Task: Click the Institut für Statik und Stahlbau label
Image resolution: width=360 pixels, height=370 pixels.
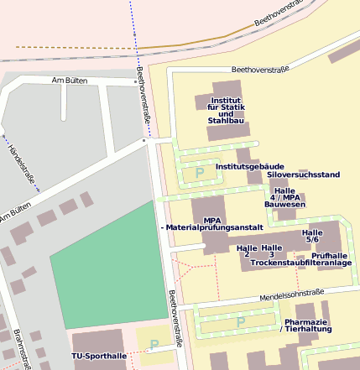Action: coord(226,110)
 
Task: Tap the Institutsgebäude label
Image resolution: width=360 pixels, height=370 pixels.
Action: coord(250,167)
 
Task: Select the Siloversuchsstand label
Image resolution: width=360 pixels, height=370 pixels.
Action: coord(303,175)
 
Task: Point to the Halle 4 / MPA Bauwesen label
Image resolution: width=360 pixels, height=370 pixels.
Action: coord(284,197)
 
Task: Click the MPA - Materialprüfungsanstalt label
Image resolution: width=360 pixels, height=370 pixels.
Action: coord(211,224)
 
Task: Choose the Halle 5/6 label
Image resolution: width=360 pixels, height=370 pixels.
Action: coord(312,236)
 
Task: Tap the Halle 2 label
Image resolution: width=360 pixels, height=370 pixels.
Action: coord(247,251)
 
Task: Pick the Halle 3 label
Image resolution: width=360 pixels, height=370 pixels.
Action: coord(271,251)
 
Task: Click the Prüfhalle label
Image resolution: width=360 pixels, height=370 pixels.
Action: coord(329,255)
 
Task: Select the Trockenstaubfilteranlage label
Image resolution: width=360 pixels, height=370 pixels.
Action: coord(300,263)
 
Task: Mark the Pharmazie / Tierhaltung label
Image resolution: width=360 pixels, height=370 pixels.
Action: coord(305,326)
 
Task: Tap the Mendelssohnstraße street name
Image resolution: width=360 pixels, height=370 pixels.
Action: coord(291,294)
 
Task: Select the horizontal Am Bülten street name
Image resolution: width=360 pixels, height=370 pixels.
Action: coord(70,81)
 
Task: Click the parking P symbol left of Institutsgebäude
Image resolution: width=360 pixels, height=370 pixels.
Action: coord(200,173)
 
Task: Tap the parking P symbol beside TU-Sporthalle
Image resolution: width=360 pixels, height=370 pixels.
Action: coord(154,344)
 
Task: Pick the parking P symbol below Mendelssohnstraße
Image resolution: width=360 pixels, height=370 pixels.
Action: coord(241,321)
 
